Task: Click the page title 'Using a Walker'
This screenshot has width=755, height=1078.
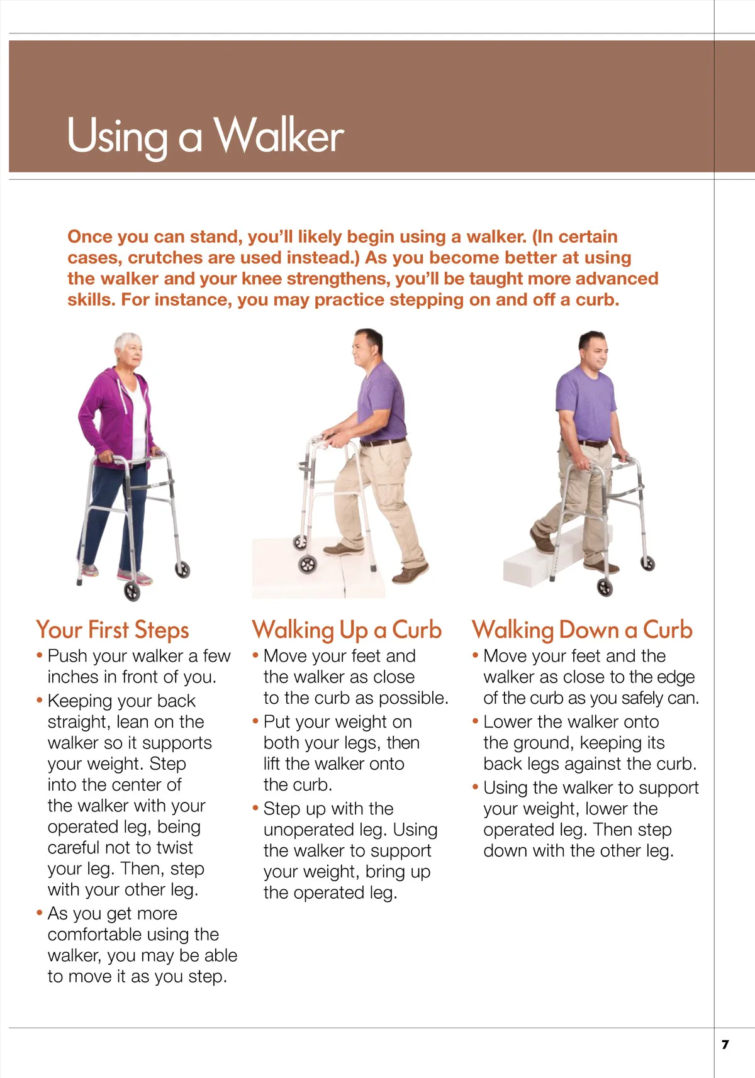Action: (206, 136)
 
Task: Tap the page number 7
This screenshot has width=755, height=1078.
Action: (725, 1044)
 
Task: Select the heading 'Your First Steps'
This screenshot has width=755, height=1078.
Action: (113, 630)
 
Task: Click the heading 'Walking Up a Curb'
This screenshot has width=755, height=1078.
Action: (347, 630)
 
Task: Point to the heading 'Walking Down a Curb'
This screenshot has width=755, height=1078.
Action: (582, 630)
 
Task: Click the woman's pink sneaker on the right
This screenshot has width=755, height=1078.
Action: (135, 577)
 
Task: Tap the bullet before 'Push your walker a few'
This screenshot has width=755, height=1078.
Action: (40, 655)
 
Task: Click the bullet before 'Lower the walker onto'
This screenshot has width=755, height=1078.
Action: (475, 721)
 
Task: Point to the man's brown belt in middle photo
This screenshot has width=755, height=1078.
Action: (383, 442)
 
